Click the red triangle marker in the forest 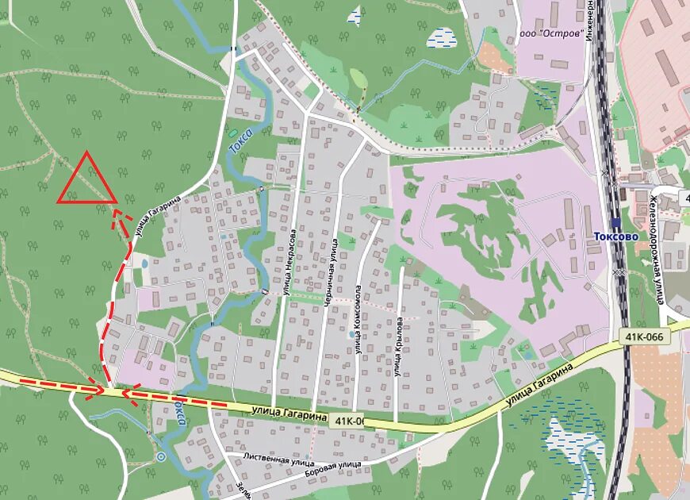click(86, 180)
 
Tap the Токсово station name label click(615, 237)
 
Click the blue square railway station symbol click(616, 224)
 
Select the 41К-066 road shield click(642, 337)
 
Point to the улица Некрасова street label click(290, 263)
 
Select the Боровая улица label click(332, 465)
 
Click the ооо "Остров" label click(550, 34)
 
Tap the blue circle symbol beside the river click(161, 456)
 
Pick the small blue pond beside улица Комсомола click(351, 334)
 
